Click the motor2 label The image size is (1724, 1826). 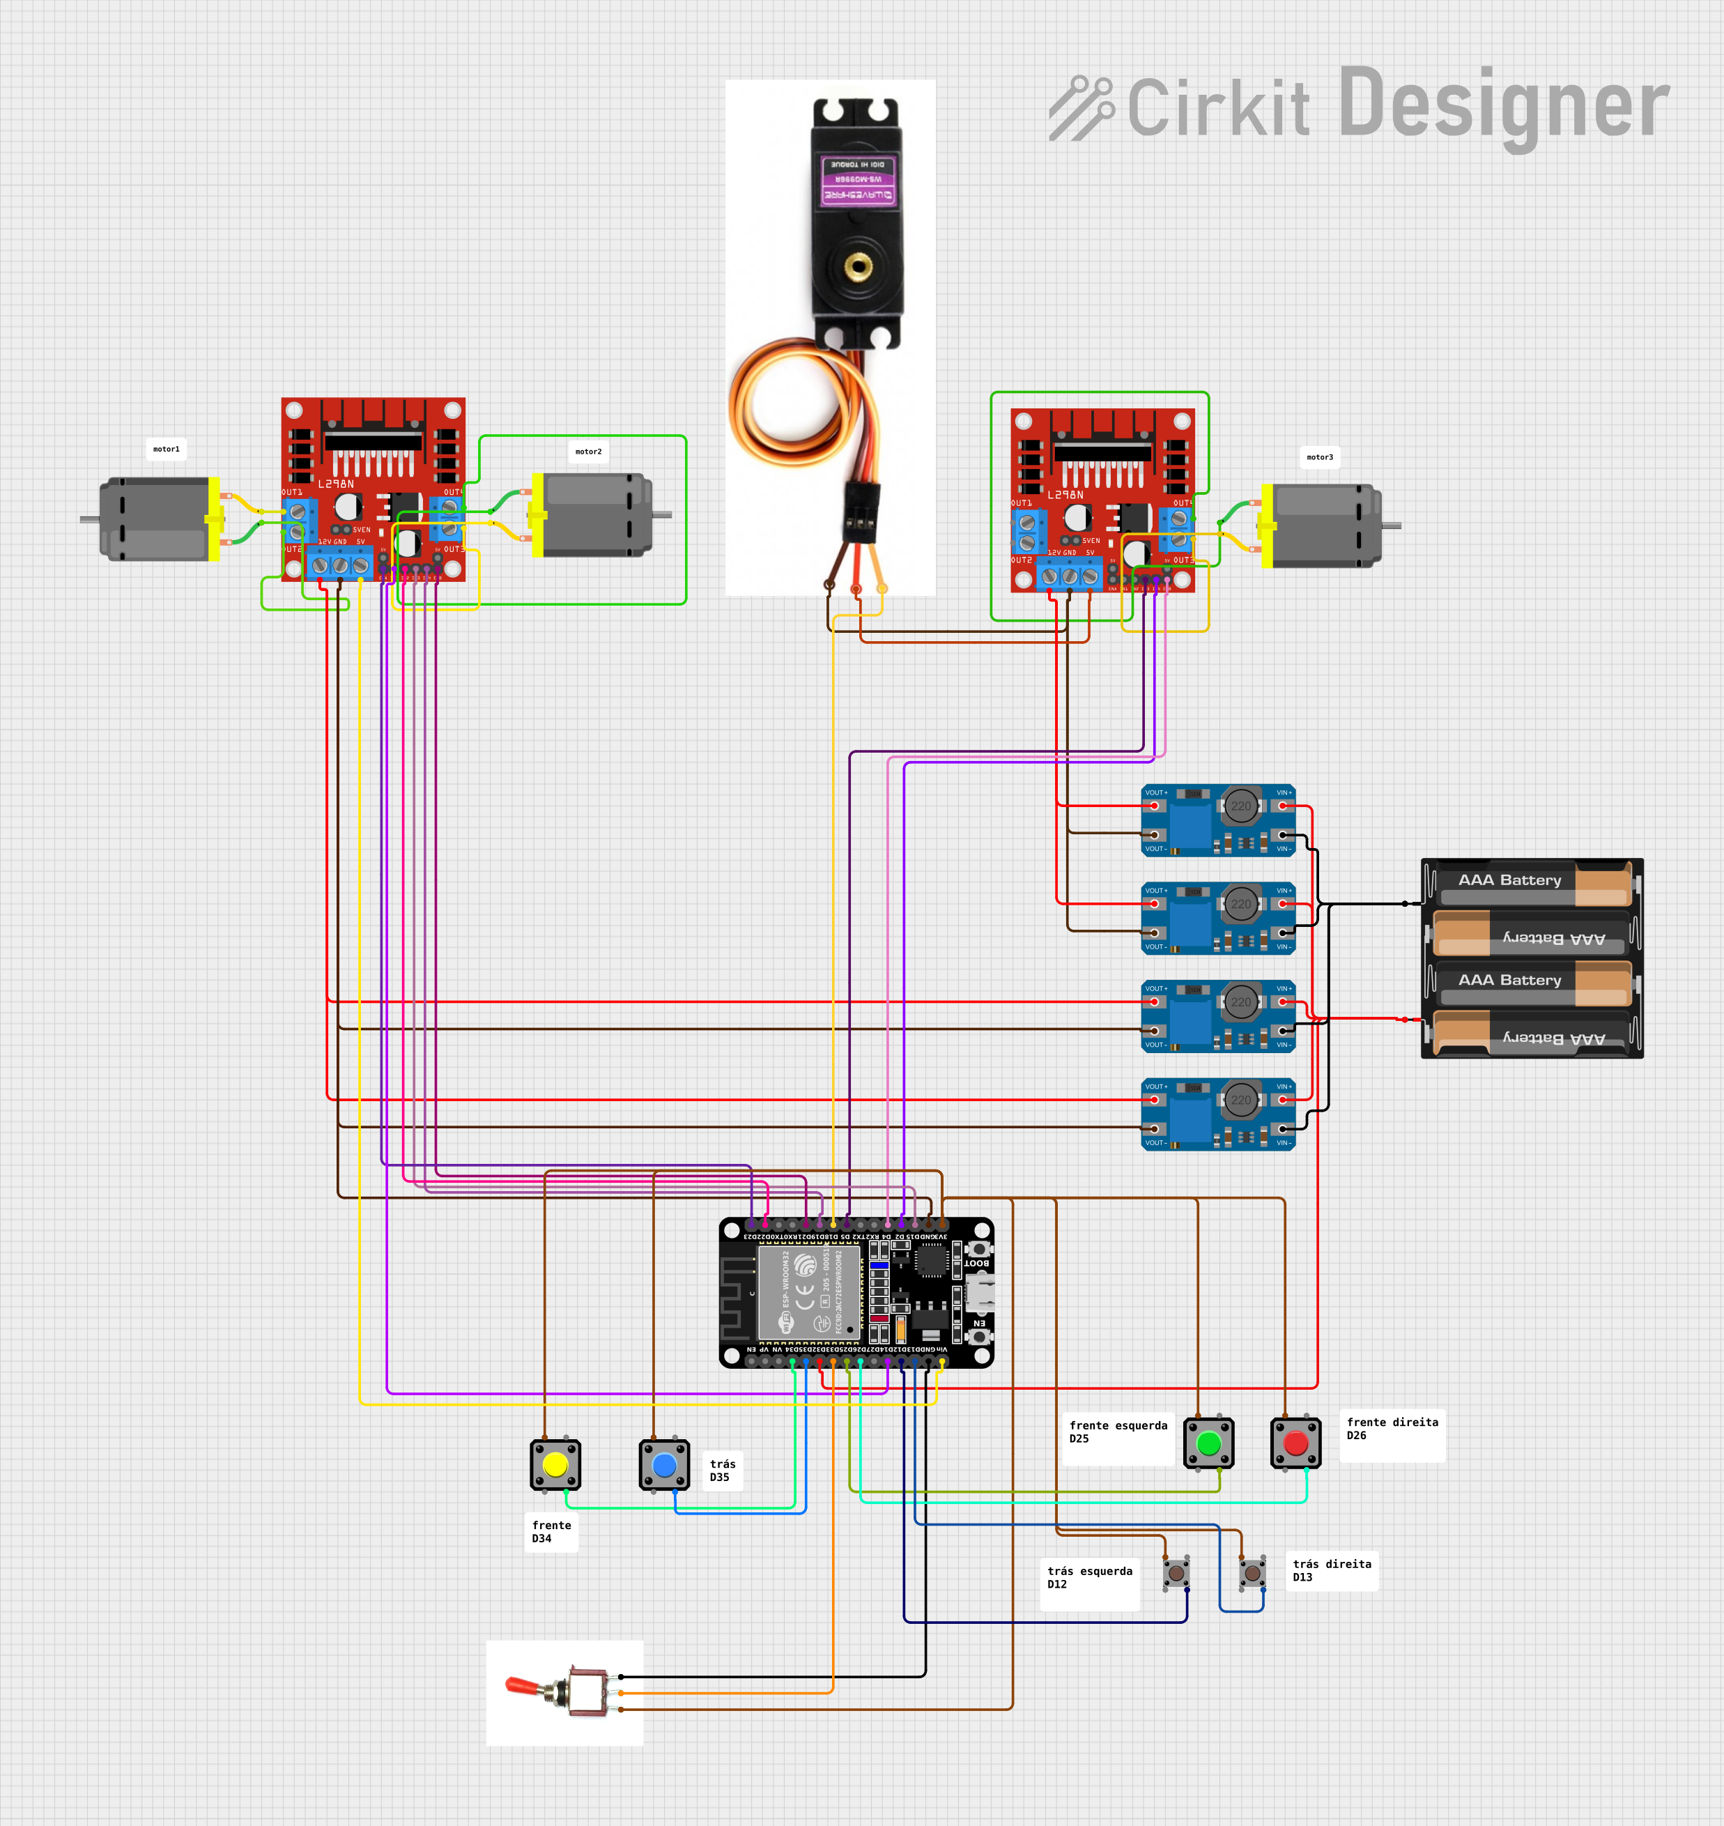click(588, 451)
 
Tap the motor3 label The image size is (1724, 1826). click(1320, 456)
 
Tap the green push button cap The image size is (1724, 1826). click(1208, 1443)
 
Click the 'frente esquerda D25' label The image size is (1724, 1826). click(1118, 1432)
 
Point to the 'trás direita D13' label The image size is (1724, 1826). click(1331, 1570)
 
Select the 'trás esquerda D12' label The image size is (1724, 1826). click(1089, 1578)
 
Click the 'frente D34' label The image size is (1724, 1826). click(551, 1532)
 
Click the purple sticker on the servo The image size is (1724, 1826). click(857, 180)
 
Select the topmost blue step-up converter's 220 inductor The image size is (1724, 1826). click(1240, 806)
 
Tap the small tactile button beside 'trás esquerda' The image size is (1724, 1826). click(1176, 1573)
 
